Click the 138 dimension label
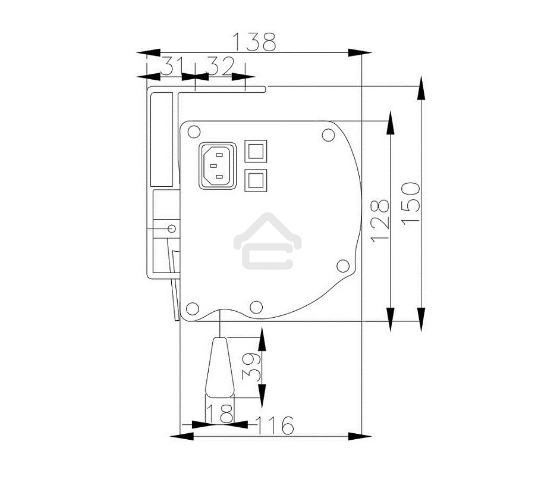(254, 42)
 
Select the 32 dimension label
(219, 66)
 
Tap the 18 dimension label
(219, 414)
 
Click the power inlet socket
(217, 166)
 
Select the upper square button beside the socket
(256, 151)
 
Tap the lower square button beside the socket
(256, 180)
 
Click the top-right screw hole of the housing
(328, 135)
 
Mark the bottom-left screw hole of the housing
(192, 308)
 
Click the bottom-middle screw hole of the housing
(256, 307)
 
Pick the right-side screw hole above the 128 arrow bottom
(342, 266)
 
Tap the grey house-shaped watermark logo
(267, 241)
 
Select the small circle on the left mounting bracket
(172, 228)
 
